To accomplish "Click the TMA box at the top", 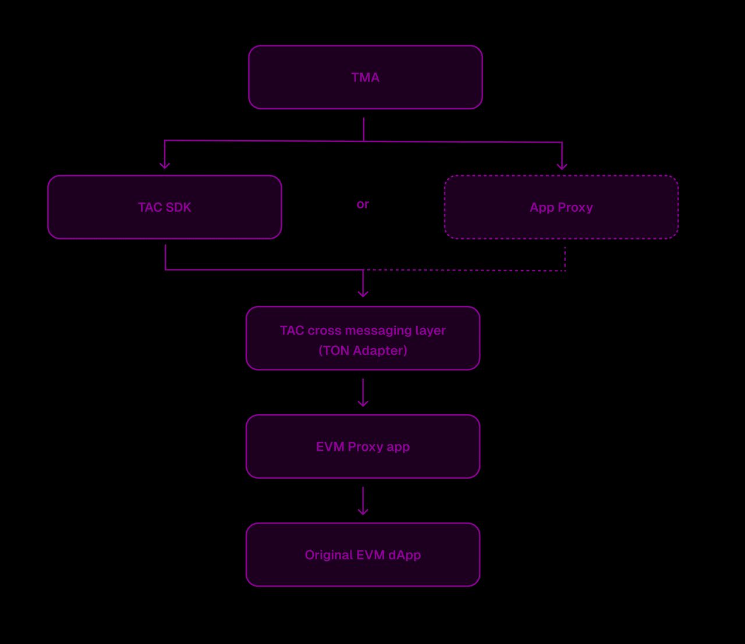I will (365, 77).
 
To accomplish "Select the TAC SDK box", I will (164, 207).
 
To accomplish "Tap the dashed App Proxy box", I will (561, 207).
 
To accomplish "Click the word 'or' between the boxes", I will (363, 204).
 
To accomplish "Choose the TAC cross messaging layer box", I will (363, 339).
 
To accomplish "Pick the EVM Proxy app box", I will (363, 447).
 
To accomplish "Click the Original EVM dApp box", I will (363, 555).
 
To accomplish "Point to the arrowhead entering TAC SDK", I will (165, 165).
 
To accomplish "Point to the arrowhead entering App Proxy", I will (562, 166).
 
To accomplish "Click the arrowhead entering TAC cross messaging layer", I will (363, 293).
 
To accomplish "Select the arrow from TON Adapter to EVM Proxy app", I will (363, 393).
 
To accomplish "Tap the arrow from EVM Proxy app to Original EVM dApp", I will (363, 501).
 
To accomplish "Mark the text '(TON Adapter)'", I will (363, 350).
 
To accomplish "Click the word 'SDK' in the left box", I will (178, 207).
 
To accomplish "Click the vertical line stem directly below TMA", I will (364, 129).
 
